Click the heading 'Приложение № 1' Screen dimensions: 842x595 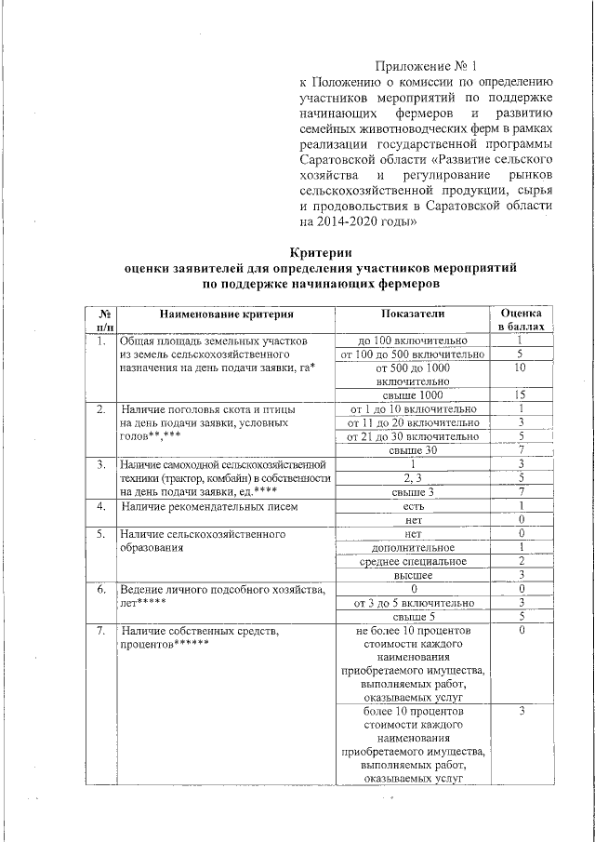[425, 66]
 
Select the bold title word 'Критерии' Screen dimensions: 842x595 [320, 252]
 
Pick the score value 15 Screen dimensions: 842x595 [522, 394]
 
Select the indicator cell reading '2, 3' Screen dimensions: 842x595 [413, 477]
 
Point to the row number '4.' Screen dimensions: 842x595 [100, 506]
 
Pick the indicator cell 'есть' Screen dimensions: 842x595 [413, 506]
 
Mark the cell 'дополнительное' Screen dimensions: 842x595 [413, 548]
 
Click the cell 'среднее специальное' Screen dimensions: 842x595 [413, 561]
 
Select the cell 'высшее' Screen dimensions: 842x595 [413, 576]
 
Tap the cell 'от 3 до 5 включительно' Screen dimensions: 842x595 [413, 603]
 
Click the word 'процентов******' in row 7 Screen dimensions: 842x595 [165, 645]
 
